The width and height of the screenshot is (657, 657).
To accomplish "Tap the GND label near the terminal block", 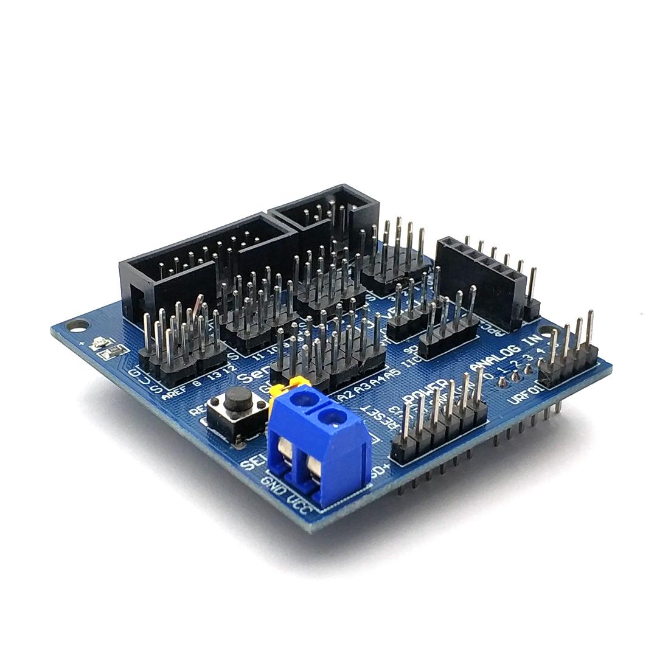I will click(x=272, y=487).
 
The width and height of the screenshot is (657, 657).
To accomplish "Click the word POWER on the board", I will click(x=428, y=392).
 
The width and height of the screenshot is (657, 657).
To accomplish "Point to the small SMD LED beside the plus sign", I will click(x=98, y=344).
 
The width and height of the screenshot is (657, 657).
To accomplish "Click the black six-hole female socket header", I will click(x=481, y=274).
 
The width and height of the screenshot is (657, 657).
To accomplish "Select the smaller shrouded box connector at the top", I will click(x=325, y=210).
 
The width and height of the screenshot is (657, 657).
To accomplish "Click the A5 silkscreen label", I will click(x=393, y=373).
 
